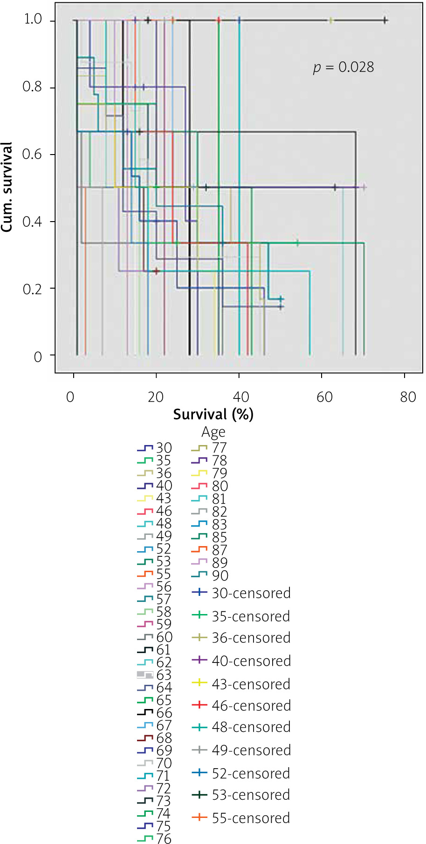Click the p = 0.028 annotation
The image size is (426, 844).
[x=344, y=68]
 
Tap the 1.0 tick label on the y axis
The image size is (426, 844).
[x=33, y=20]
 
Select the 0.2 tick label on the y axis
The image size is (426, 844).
[x=33, y=289]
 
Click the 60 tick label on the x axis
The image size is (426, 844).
[x=324, y=397]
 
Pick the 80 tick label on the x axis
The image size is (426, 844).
[x=408, y=397]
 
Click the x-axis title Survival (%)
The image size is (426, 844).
[x=213, y=414]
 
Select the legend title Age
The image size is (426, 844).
[x=213, y=432]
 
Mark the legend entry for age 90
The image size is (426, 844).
[x=211, y=576]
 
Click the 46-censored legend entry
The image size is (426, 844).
[x=241, y=706]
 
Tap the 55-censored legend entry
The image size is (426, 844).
[x=241, y=818]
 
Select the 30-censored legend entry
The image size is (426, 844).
[x=241, y=593]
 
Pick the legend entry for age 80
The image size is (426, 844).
[x=211, y=486]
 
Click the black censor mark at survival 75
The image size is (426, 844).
[x=385, y=20]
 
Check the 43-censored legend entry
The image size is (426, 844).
[x=241, y=684]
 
